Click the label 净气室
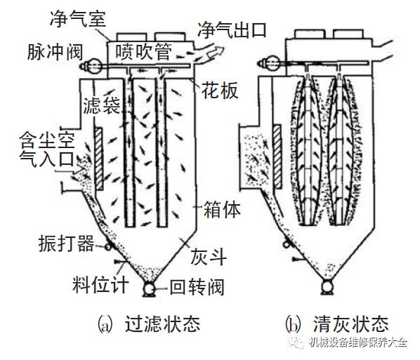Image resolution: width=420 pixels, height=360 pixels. pos(78,19)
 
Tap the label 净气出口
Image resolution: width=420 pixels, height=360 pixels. pos(232,29)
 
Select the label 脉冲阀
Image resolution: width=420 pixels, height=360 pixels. pos(55,52)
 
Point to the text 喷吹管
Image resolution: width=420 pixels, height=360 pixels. pos(143,51)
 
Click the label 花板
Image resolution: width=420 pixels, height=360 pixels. pos(220,91)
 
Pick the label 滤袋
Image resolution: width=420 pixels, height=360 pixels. pos(102,105)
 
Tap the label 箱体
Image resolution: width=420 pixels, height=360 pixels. pos(222,210)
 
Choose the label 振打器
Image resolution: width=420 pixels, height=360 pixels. pos(67,244)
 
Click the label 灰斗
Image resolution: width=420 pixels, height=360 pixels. pos(209,257)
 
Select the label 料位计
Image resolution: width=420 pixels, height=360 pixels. pos(100,284)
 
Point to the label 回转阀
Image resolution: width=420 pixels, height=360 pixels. pos(197,287)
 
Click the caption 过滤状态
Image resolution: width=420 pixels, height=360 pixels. pos(162,324)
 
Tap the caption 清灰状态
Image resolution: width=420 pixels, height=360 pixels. pos(351,324)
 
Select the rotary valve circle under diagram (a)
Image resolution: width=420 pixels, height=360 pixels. pos(149,289)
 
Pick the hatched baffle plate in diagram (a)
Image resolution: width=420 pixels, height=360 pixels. pos(99,159)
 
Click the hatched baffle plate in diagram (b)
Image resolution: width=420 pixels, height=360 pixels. pos(277,156)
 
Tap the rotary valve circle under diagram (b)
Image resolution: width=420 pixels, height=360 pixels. pos(327,287)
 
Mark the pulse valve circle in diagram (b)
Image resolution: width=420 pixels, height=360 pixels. pos(272,63)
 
